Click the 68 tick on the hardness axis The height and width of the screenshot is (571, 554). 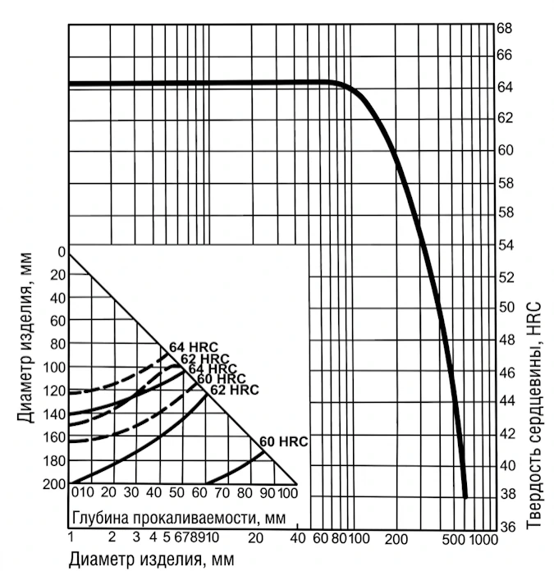coord(505,27)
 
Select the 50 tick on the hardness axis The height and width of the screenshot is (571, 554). coord(505,307)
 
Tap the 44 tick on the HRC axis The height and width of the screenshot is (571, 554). coord(505,401)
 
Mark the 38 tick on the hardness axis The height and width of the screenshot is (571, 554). coord(505,495)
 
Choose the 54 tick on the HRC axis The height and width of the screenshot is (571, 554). coord(505,245)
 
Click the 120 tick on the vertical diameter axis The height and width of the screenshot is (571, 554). coord(57,391)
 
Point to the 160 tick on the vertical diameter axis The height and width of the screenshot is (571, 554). coord(57,437)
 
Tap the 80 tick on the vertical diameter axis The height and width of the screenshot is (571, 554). coord(57,344)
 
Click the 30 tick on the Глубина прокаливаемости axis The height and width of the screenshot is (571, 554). coord(130,492)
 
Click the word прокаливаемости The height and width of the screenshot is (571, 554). coord(181,517)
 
